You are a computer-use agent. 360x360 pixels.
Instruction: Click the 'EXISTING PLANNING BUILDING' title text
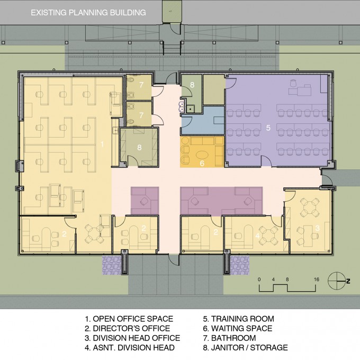click(x=88, y=12)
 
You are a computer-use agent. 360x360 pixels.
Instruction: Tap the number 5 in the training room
click(x=268, y=128)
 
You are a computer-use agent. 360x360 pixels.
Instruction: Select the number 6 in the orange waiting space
click(x=202, y=163)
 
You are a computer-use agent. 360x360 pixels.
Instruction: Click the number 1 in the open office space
click(x=102, y=144)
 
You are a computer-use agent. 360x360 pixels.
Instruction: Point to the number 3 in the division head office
click(x=318, y=228)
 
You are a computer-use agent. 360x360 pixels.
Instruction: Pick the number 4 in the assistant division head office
click(x=257, y=236)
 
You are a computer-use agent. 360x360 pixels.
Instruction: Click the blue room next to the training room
click(x=202, y=121)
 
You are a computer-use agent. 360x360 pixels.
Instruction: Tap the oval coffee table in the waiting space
click(x=202, y=155)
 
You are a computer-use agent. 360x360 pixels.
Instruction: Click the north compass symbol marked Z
click(x=338, y=281)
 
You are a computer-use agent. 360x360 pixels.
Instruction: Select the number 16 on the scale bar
click(x=317, y=280)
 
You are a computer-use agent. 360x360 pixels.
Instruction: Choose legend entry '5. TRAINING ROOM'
click(x=239, y=319)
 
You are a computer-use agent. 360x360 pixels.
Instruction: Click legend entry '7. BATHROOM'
click(x=229, y=338)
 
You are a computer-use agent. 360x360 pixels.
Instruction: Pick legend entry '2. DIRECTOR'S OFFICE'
click(x=128, y=328)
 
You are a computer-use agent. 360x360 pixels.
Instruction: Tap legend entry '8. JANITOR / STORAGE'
click(x=246, y=348)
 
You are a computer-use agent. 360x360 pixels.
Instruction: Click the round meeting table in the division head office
click(x=310, y=208)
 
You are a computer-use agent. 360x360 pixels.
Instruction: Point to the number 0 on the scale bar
click(x=259, y=280)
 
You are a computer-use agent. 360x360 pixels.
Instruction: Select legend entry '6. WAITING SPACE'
click(x=238, y=328)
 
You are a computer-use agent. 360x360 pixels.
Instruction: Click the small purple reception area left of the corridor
click(x=145, y=201)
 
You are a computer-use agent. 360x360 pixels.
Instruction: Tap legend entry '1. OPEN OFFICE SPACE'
click(x=129, y=319)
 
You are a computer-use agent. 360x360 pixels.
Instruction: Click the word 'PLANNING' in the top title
click(x=88, y=12)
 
